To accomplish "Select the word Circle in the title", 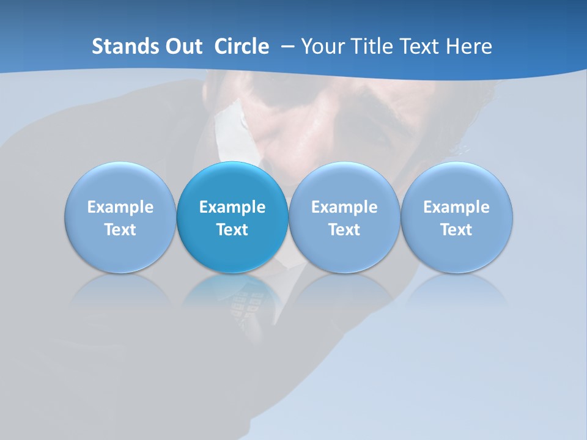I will [242, 46].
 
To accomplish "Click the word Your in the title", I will [321, 46].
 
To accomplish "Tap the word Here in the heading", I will [469, 46].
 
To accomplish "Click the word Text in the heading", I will [420, 46].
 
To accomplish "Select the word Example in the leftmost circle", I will [120, 207].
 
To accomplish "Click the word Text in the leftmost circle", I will [120, 230].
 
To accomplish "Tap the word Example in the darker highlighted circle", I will [232, 207].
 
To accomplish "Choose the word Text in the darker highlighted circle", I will [232, 230].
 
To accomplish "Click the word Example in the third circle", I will [344, 207].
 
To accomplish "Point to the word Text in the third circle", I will [344, 230].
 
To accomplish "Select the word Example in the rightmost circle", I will [456, 207].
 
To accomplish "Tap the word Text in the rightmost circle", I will [456, 230].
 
